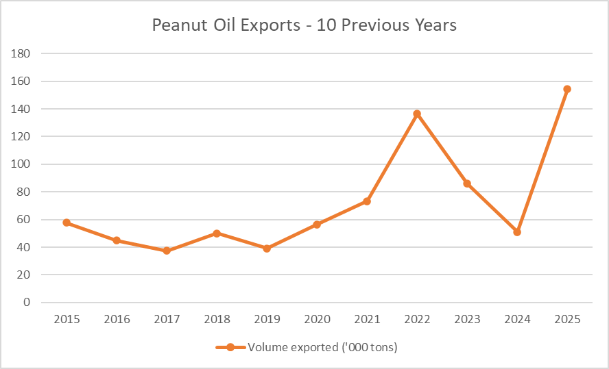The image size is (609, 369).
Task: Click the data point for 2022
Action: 417,114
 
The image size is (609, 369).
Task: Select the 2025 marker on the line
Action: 567,89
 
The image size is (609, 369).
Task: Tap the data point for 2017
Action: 167,251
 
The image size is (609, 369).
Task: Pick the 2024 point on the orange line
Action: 517,232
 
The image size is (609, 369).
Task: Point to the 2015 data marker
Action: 67,222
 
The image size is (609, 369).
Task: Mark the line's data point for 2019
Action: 267,249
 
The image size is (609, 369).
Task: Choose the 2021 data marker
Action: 367,201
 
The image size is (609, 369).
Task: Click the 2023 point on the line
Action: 467,183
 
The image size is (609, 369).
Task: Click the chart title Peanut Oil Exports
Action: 304,26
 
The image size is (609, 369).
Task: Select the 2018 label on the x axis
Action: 217,319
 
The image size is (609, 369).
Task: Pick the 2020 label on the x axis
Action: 317,319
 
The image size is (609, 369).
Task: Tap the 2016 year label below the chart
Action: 117,319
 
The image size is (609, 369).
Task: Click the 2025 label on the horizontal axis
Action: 567,319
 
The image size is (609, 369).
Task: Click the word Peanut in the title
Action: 178,26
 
